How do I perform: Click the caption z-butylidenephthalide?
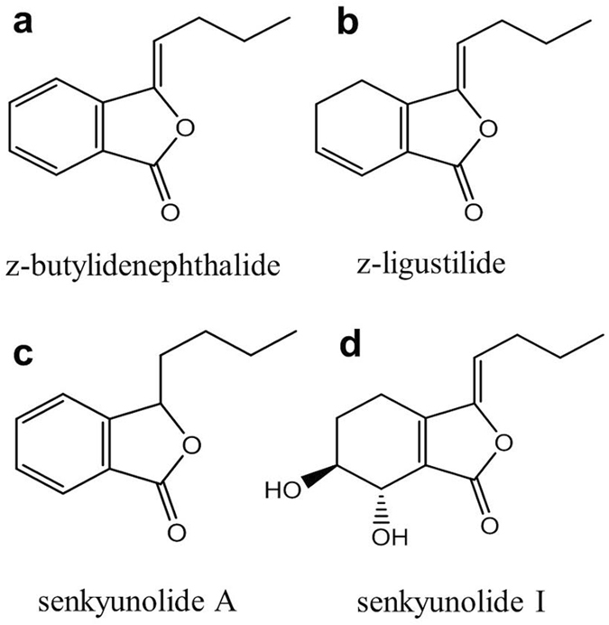[x=143, y=267]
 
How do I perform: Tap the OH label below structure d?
[x=391, y=539]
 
